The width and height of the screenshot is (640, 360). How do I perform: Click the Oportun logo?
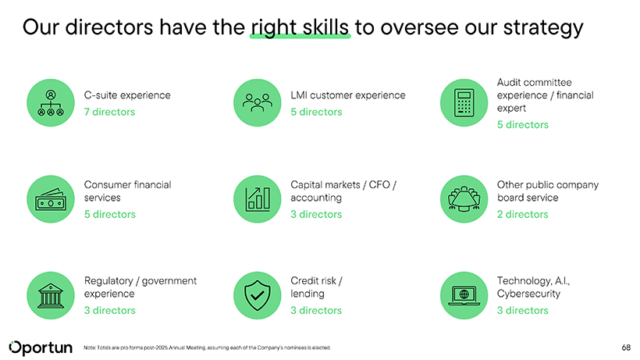pos(41,348)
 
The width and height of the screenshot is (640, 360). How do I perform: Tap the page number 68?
pos(626,348)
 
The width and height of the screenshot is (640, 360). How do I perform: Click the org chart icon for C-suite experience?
pos(51,103)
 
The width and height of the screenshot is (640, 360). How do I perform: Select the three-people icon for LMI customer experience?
pos(257,103)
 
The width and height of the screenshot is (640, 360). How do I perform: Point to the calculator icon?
pos(464,103)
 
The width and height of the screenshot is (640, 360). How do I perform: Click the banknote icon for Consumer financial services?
pos(51,199)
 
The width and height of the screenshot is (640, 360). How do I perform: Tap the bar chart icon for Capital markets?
pos(257,199)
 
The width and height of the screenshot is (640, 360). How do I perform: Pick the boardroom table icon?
pos(464,199)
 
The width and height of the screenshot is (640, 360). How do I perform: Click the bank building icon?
pos(51,295)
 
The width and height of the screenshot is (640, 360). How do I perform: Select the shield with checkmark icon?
pos(257,295)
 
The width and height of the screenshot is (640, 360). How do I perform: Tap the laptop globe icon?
pos(464,295)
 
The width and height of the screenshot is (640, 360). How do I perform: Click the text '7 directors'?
pos(109,112)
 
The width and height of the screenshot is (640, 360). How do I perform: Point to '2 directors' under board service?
pos(522,214)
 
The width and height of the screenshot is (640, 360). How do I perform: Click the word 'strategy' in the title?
pos(543,28)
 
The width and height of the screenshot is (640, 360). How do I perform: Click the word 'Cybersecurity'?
pos(528,294)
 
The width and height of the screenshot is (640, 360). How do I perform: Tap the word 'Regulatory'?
pos(108,281)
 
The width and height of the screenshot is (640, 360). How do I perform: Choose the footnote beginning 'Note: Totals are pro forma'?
pos(207,348)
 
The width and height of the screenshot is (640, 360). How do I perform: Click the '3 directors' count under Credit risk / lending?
pos(316,311)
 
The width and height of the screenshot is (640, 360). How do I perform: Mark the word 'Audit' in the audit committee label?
pos(508,83)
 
